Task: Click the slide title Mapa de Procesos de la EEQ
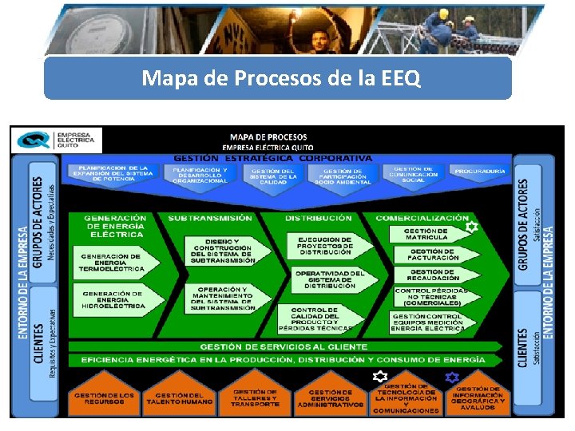point(277,78)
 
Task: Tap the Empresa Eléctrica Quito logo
point(55,140)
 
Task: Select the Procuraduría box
point(479,172)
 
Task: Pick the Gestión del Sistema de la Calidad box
point(274,176)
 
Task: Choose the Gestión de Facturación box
point(432,254)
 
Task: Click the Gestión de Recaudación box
point(432,275)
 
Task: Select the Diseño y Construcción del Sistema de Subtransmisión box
point(223,251)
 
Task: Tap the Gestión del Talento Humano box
point(180,398)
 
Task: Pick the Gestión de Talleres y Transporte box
point(256,398)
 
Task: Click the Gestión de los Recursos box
point(105,398)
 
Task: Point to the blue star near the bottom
point(452,377)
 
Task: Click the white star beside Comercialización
point(471,227)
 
